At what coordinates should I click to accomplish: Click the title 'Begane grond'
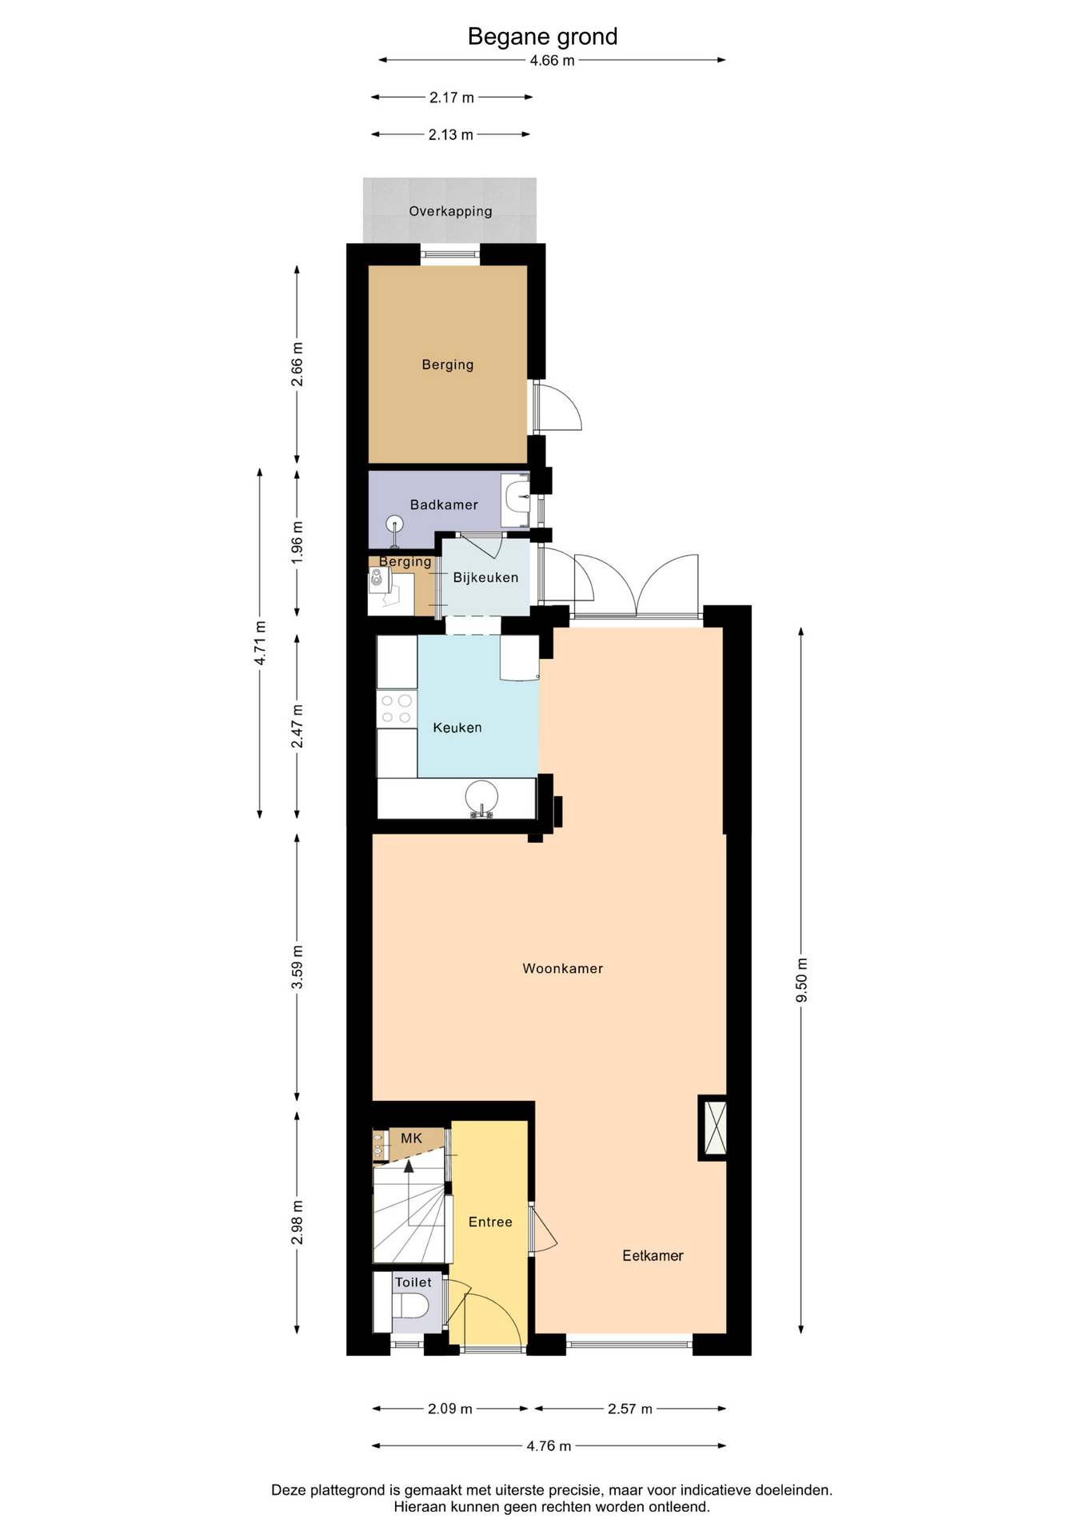[x=542, y=37]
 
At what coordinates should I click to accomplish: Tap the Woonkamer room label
[x=562, y=968]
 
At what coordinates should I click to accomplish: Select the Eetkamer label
[x=653, y=1255]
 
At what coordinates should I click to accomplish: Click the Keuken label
[x=457, y=728]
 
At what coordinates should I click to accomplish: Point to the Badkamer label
[x=444, y=504]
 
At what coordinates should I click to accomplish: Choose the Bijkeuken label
[x=485, y=577]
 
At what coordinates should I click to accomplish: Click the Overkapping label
[x=450, y=211]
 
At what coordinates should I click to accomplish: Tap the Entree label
[x=490, y=1222]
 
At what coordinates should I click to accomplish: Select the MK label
[x=411, y=1138]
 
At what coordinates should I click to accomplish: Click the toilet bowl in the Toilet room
[x=411, y=1306]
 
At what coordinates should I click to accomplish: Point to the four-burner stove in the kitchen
[x=397, y=708]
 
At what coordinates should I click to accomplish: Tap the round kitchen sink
[x=481, y=797]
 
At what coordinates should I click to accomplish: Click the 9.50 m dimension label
[x=801, y=979]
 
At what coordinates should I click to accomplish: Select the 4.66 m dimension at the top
[x=552, y=60]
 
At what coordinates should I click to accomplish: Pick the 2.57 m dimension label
[x=630, y=1409]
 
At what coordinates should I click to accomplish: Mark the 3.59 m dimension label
[x=297, y=967]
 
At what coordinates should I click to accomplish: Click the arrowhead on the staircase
[x=409, y=1166]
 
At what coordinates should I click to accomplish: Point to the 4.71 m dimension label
[x=260, y=643]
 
